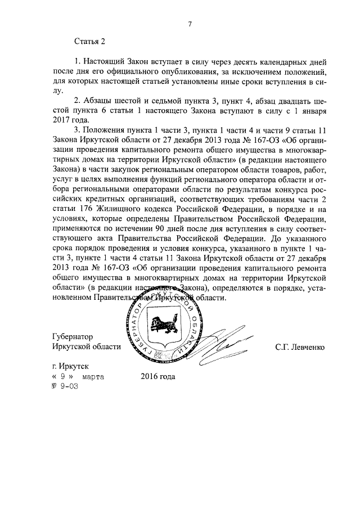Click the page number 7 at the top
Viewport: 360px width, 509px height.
[190, 24]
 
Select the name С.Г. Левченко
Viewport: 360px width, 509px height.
[300, 347]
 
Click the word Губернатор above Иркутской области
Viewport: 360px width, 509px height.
[74, 337]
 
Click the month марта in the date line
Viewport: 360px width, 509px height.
[93, 377]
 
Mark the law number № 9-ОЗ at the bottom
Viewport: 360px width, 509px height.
[65, 386]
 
